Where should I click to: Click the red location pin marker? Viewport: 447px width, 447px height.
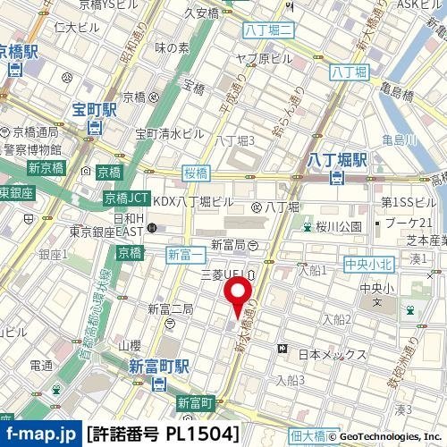(x=237, y=295)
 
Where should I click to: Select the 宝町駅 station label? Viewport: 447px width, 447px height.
(x=95, y=112)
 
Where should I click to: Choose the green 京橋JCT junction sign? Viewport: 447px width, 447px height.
(x=126, y=198)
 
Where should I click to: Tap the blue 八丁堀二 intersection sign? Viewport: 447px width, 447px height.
(x=268, y=31)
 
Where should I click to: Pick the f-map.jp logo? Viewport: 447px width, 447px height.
(x=40, y=435)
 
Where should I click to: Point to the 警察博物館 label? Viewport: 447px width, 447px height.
(x=30, y=149)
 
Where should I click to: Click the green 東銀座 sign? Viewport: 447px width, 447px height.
(x=15, y=192)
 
